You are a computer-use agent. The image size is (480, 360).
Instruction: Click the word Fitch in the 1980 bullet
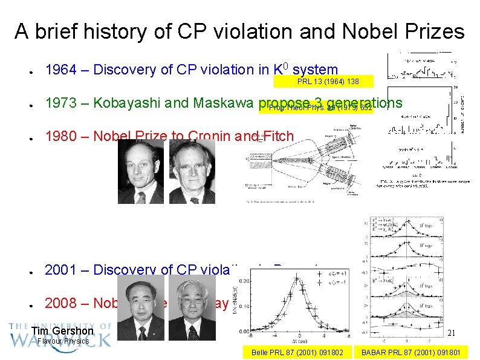(x=277, y=137)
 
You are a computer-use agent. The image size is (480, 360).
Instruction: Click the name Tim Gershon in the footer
(x=62, y=331)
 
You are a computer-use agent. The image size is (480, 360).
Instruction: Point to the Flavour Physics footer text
(x=63, y=341)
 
